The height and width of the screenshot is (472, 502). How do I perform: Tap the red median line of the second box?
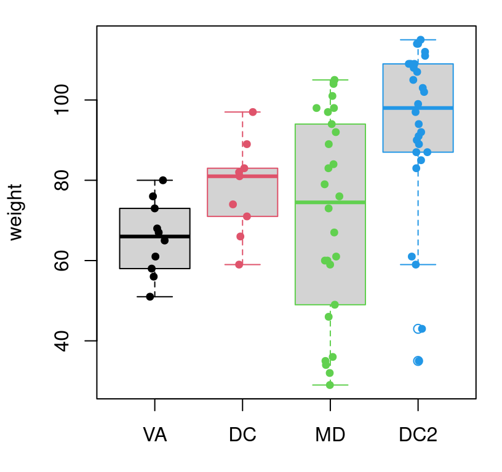point(261,176)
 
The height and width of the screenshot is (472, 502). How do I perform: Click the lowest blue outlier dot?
point(418,361)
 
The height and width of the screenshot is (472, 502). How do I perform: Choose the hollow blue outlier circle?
point(418,329)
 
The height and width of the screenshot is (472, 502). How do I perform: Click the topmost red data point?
point(253,112)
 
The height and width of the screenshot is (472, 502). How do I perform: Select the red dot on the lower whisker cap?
point(239,265)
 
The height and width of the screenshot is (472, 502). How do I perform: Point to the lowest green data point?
point(330,385)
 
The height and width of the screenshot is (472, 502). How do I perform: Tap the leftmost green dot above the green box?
point(316,108)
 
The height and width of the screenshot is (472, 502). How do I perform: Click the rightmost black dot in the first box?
point(164,240)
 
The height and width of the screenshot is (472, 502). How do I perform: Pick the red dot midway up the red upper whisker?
point(246,144)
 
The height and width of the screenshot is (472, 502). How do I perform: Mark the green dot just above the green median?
point(339,196)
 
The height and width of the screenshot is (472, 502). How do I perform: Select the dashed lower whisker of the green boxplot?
point(330,338)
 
